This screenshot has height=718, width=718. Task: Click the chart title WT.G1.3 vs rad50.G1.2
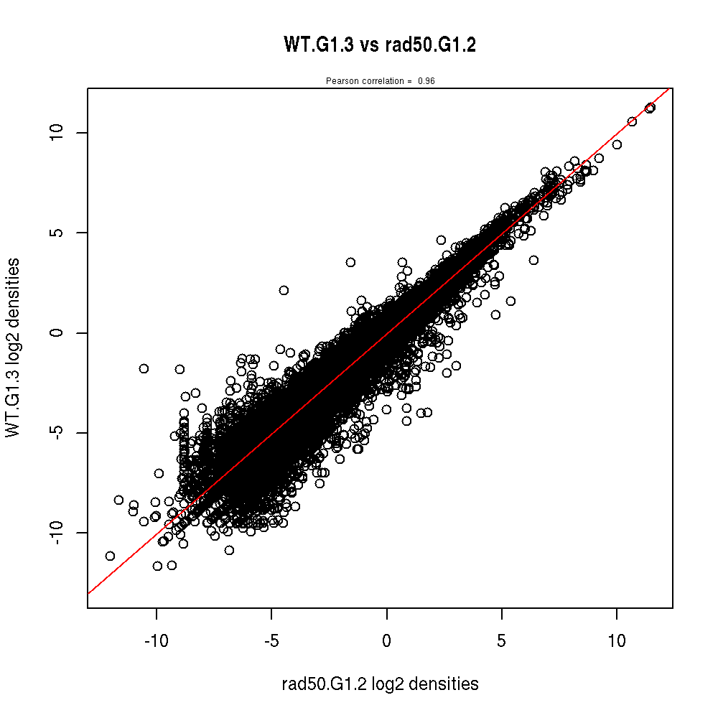(380, 45)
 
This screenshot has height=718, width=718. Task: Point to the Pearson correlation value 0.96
(426, 81)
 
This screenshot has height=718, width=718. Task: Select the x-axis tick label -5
(271, 640)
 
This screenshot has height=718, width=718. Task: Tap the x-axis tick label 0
(386, 640)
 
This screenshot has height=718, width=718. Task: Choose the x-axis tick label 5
(501, 640)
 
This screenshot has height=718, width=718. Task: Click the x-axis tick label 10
(616, 640)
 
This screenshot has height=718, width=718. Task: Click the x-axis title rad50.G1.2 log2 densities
(380, 684)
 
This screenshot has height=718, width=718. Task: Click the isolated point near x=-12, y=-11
(110, 556)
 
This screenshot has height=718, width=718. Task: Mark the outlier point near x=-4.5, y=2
(284, 290)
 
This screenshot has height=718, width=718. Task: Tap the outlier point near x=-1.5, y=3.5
(350, 262)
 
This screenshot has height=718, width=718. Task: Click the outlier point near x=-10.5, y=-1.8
(144, 368)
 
